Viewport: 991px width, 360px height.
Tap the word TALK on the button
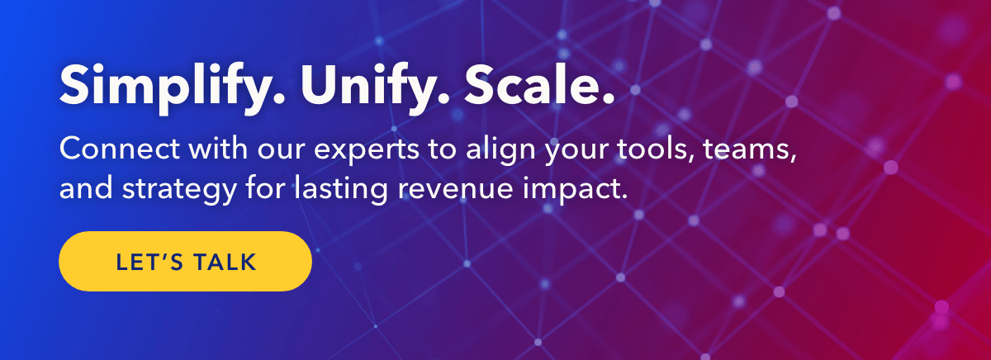[x=225, y=262]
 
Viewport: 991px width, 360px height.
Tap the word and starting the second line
[x=85, y=188]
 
